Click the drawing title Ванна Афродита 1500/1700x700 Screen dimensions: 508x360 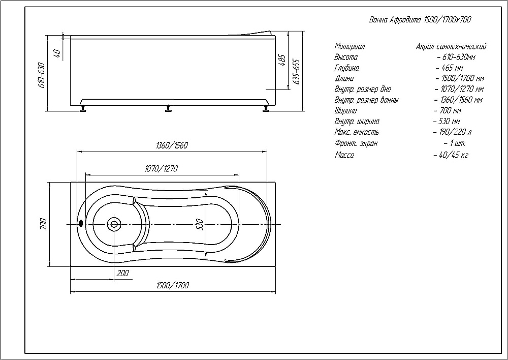[x=420, y=19]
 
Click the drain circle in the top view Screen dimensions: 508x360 [x=114, y=224]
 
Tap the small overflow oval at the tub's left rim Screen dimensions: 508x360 [x=81, y=223]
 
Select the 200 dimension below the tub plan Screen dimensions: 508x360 [x=122, y=273]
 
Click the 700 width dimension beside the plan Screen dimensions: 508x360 [x=43, y=224]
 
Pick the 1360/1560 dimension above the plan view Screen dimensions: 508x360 [x=172, y=145]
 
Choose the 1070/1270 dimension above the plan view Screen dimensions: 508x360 [x=161, y=169]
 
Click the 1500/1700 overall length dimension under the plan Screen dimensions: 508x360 [x=173, y=285]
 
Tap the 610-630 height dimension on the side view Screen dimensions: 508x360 [x=42, y=75]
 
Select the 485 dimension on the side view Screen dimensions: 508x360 [x=282, y=61]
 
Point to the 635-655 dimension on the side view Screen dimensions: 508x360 [x=296, y=72]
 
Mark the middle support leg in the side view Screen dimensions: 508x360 [x=168, y=108]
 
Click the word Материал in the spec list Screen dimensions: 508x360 [x=350, y=46]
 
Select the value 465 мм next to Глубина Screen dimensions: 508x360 [x=450, y=68]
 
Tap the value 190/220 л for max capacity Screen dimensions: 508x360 [x=452, y=132]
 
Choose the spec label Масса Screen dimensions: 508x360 [x=344, y=155]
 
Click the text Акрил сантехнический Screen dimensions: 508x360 [x=451, y=47]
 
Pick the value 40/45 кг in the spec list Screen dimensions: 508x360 [x=451, y=155]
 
